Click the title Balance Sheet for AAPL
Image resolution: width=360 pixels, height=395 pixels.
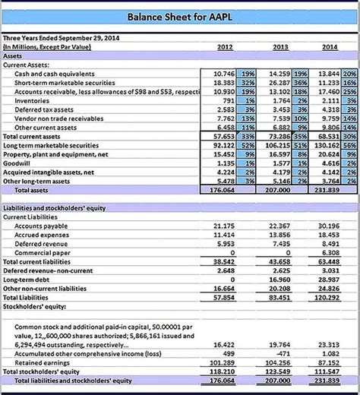[x=180, y=15]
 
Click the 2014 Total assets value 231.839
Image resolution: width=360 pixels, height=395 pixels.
[x=327, y=191]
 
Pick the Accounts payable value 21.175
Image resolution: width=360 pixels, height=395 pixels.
[x=224, y=226]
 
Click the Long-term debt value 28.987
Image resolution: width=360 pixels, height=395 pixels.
[x=329, y=280]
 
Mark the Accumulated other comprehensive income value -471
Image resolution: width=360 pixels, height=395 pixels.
[x=282, y=353]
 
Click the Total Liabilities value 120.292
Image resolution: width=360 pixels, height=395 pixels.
[x=327, y=297]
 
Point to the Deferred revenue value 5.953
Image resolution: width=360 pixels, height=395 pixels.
[x=226, y=243]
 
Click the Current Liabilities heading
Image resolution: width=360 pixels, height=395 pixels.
[x=31, y=216]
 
